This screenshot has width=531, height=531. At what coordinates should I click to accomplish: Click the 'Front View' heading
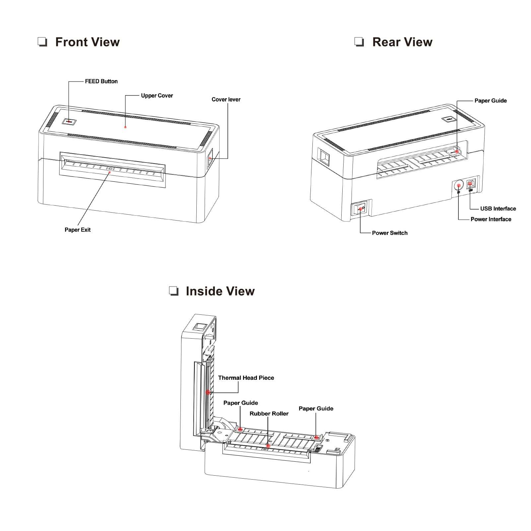click(x=87, y=42)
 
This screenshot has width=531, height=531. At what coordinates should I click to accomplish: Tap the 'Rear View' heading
click(x=402, y=42)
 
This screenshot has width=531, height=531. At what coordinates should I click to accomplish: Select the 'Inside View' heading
click(x=220, y=291)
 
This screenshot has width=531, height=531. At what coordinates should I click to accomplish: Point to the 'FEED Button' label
click(x=101, y=81)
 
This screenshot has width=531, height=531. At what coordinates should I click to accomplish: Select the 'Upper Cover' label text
click(x=157, y=96)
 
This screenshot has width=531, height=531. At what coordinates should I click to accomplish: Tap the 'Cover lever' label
click(x=226, y=100)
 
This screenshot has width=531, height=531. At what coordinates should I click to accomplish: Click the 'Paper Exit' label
click(x=77, y=230)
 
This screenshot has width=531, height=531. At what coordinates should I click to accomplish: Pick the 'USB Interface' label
click(x=498, y=209)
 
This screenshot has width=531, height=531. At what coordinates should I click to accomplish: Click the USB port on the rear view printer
click(x=471, y=183)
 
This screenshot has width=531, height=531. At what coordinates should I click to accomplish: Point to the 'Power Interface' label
click(x=491, y=219)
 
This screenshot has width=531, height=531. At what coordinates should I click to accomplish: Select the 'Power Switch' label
click(x=389, y=233)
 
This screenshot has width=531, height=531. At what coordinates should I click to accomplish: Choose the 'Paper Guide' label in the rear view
click(x=490, y=100)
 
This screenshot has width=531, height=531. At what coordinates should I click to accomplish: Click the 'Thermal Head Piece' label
click(x=246, y=378)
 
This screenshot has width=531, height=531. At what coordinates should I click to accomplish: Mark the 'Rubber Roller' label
click(x=269, y=414)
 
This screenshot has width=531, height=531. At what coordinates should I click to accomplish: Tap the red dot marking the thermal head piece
click(x=208, y=392)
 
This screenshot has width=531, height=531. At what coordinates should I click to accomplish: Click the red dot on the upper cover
click(x=125, y=127)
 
